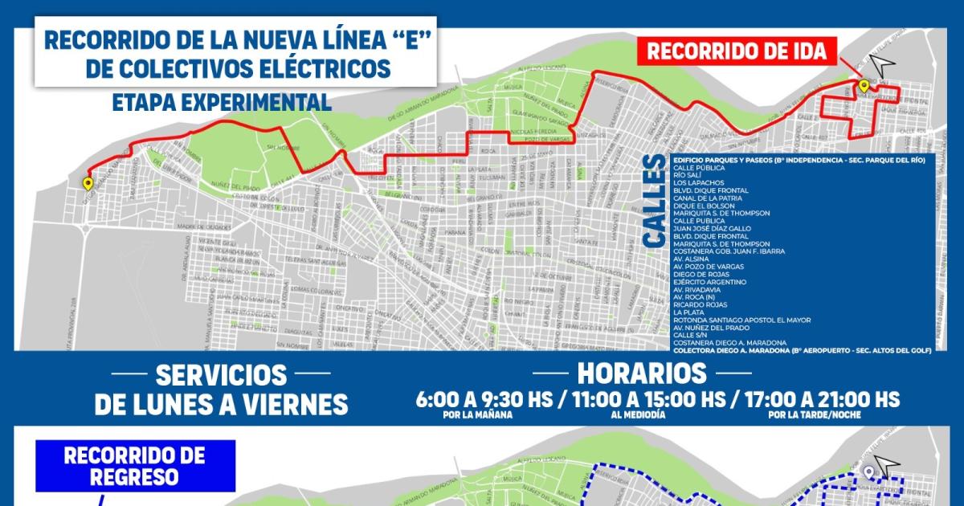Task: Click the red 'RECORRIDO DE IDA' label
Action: coord(736,52)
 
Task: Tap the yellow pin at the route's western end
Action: coord(87,183)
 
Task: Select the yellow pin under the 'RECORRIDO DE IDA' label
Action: coord(863,86)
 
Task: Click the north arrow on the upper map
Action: coord(884,62)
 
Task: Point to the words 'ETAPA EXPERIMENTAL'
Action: coord(222,102)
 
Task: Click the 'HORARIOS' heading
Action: coord(642,373)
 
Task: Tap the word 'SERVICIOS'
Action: coord(221,374)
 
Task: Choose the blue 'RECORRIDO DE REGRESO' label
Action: coord(134,465)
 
